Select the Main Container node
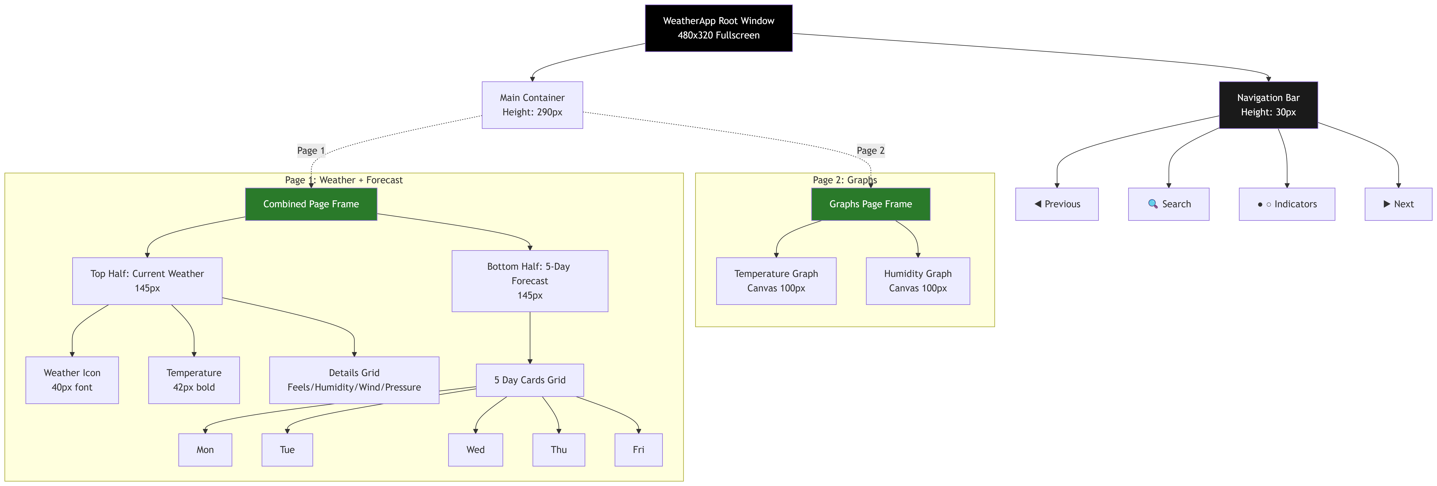pos(532,105)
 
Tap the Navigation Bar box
pos(1268,105)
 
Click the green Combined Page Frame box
pos(311,204)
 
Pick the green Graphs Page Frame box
pos(870,204)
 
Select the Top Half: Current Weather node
pos(147,281)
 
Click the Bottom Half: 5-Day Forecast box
pos(529,281)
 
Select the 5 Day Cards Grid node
pos(529,380)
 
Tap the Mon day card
pos(205,450)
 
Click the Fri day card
pos(638,450)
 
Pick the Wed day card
pos(475,450)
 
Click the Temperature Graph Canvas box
pos(776,281)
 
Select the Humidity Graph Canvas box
pos(918,281)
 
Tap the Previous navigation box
pos(1057,204)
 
